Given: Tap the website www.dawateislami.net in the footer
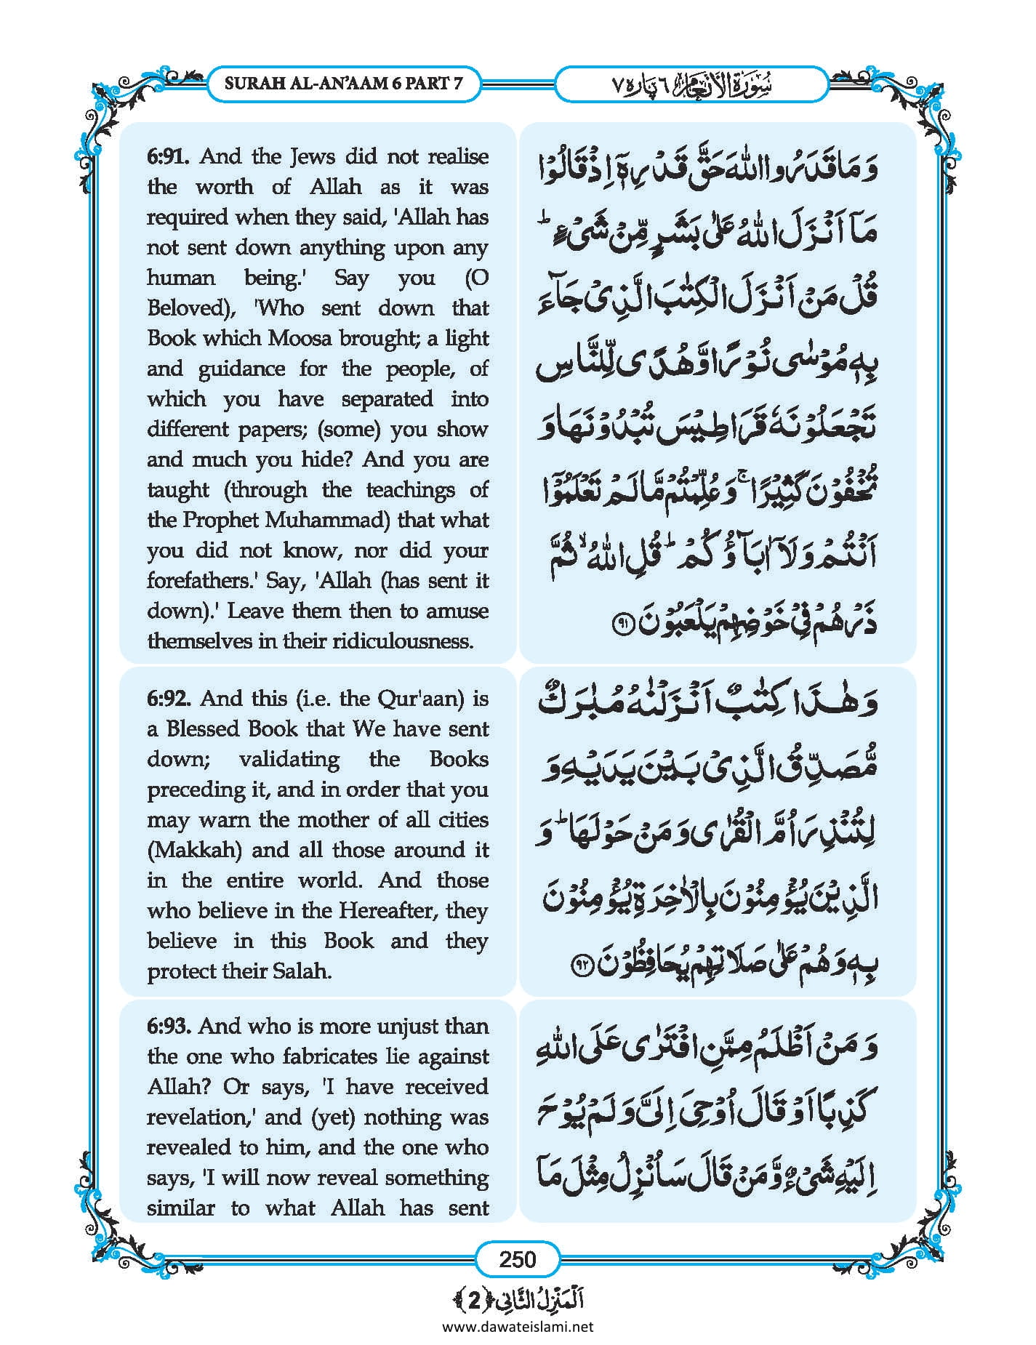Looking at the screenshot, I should click(517, 1326).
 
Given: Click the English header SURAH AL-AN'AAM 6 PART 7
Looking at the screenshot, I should click(343, 83).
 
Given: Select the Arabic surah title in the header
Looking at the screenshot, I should click(691, 84).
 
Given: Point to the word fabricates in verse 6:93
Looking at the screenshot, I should click(337, 1056).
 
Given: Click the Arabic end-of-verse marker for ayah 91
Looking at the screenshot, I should click(623, 624).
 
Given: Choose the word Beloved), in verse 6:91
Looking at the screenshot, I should click(190, 308).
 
